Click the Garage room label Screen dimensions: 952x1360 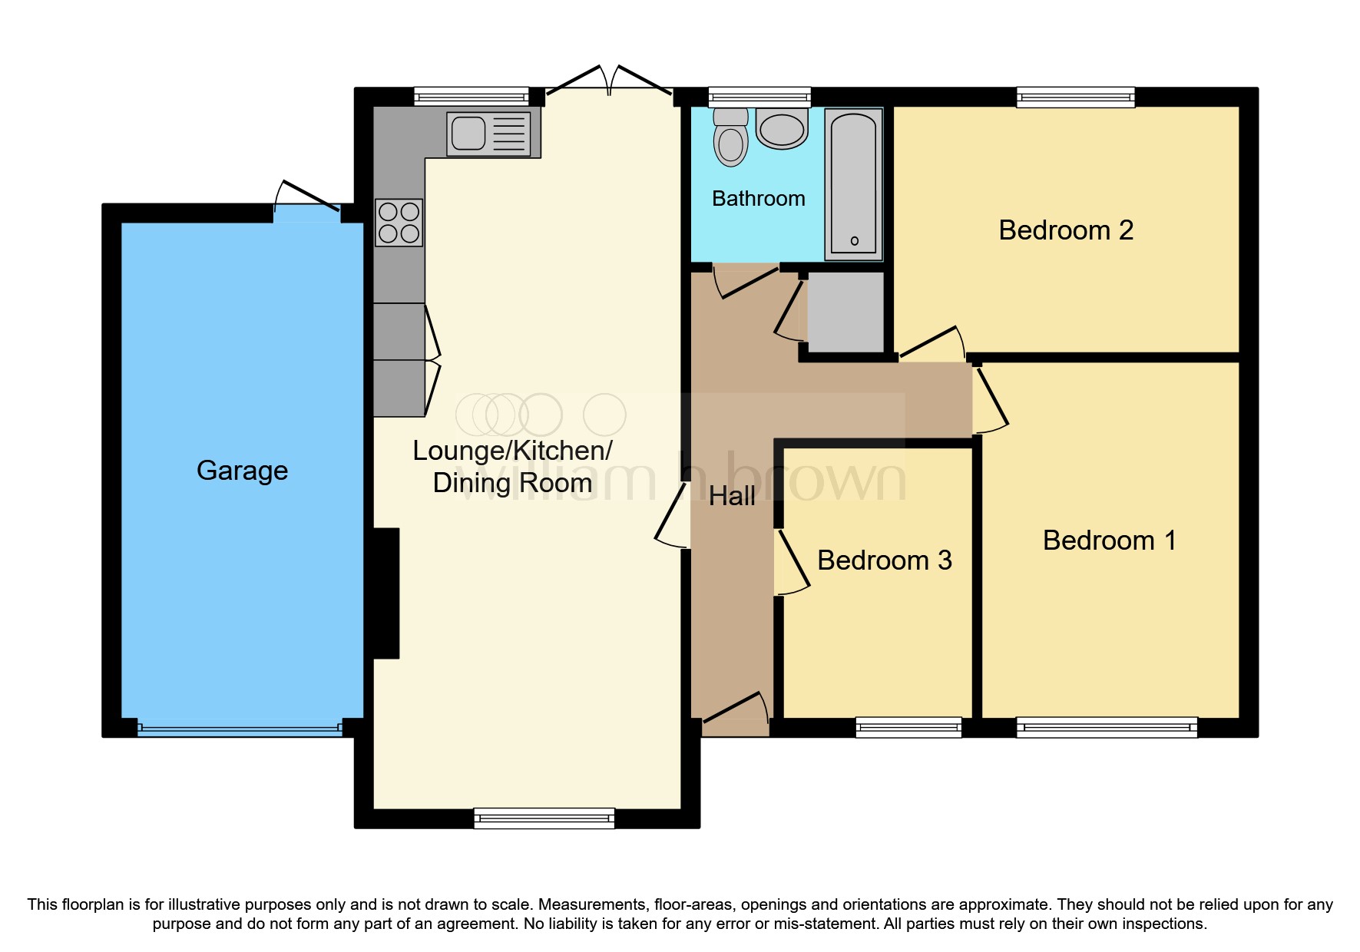(242, 471)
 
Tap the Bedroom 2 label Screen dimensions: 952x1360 (1065, 230)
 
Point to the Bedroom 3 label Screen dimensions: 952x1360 (884, 560)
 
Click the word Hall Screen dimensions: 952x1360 (732, 497)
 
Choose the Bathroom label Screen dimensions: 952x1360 (758, 199)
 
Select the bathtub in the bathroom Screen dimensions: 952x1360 (853, 183)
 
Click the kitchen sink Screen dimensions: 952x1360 (488, 134)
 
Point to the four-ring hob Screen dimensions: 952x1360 (399, 223)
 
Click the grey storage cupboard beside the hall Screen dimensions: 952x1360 (845, 312)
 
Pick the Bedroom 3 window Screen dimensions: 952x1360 (908, 726)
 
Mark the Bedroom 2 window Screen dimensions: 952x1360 (1075, 97)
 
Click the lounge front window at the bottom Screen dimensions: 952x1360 (544, 818)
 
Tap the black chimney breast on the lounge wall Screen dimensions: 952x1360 (385, 593)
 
